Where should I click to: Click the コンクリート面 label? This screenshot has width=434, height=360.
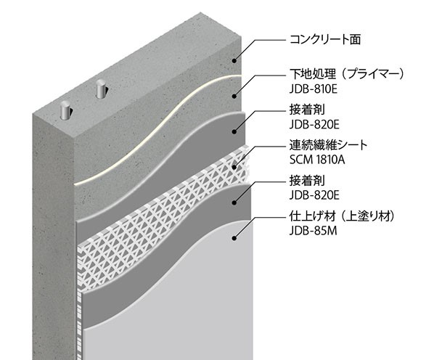coord(325,40)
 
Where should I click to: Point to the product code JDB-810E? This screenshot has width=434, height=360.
coord(314,89)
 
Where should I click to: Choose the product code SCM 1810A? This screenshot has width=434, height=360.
coord(317,160)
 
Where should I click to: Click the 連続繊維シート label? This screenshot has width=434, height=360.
coord(328,145)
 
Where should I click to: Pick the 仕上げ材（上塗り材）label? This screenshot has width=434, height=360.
coord(342,216)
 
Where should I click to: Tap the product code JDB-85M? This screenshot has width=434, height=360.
coord(313,231)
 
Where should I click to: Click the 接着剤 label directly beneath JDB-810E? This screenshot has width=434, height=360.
coord(307,110)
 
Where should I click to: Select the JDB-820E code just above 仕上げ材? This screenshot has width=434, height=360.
coord(314,195)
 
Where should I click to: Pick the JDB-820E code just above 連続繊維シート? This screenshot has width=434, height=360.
coord(314,125)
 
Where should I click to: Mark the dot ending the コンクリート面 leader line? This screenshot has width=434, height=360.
coord(234,60)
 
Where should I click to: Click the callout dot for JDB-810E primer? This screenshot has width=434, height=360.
coord(234,96)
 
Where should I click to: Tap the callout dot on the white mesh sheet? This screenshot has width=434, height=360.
coord(234,167)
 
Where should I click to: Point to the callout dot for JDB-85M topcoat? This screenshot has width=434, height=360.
coord(234,238)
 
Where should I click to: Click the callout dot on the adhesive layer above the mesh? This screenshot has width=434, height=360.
coord(234,131)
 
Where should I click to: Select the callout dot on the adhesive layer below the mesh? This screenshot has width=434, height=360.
coord(234,202)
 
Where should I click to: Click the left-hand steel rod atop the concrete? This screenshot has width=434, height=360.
coord(65,110)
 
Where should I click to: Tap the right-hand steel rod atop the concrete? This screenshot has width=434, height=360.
coord(100,89)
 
